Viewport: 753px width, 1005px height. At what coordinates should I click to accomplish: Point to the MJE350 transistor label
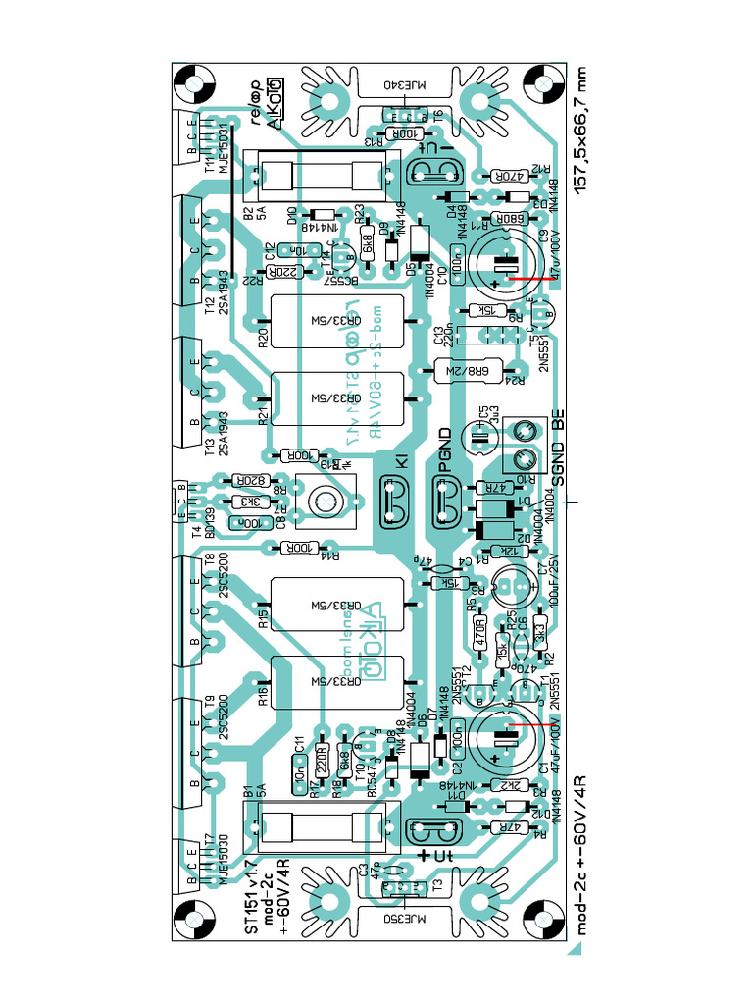399,920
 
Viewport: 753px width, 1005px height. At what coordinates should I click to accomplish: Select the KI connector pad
394,505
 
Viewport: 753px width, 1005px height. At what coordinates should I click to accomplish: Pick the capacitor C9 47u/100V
505,264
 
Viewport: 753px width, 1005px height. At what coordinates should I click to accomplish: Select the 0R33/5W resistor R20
335,321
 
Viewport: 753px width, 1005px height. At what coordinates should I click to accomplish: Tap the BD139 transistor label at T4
210,524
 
